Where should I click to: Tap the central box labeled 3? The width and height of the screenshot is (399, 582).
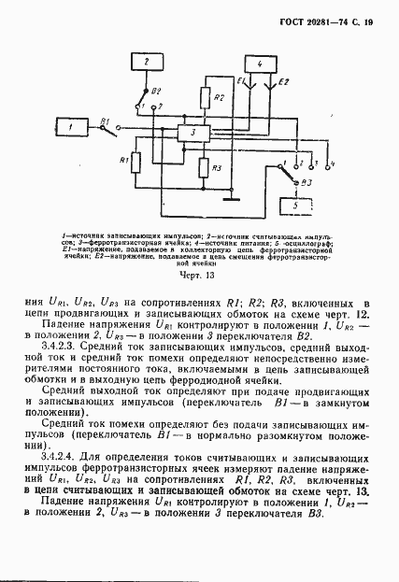tap(192, 134)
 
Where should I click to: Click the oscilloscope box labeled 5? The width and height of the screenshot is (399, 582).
tap(296, 205)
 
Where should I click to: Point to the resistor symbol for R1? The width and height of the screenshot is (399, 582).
tap(135, 163)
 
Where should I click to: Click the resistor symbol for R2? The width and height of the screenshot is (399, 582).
tap(206, 98)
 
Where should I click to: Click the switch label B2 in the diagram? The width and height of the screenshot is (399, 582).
tap(157, 91)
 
